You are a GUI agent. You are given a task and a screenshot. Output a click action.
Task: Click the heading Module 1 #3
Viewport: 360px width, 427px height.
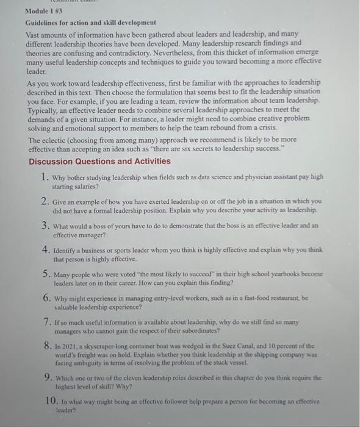(45, 10)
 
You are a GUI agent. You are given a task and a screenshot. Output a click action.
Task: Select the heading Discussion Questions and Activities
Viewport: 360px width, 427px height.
(99, 162)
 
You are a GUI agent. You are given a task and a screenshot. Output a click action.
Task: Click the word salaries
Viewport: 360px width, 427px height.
(94, 187)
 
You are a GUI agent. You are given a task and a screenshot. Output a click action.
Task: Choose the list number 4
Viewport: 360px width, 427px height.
(46, 249)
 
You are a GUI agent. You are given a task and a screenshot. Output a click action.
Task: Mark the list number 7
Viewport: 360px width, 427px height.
(46, 321)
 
